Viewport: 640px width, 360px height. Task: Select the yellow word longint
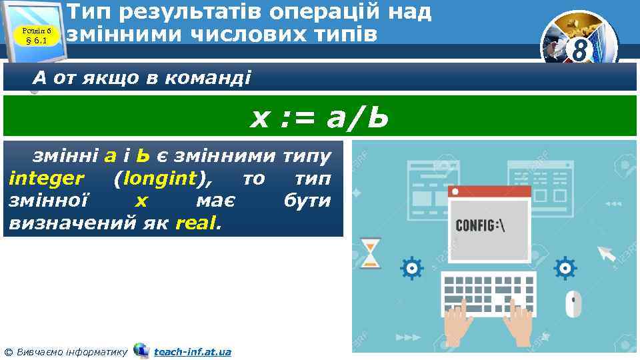coord(159,179)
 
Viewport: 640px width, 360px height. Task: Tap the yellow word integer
coord(47,179)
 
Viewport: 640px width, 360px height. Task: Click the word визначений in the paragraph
coord(73,223)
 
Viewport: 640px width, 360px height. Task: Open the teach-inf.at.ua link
coord(193,351)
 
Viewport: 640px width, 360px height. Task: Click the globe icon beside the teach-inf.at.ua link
coord(141,350)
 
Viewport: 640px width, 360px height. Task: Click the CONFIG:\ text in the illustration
coord(480,225)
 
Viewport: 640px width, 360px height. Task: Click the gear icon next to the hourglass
coord(413,267)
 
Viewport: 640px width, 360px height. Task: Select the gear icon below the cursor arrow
coord(565,267)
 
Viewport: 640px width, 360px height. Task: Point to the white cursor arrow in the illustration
coord(606,254)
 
